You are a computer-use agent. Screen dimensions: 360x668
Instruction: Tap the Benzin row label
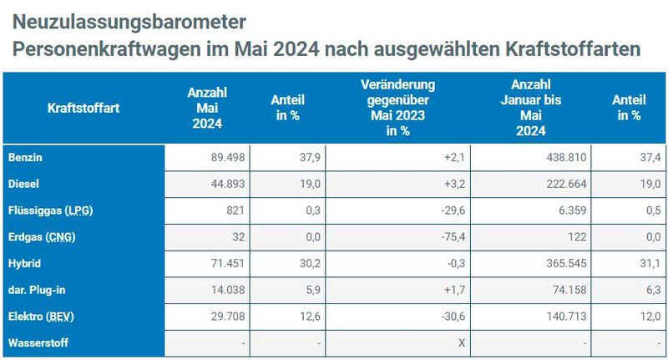coord(24,157)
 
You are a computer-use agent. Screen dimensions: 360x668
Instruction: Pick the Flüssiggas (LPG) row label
coord(49,210)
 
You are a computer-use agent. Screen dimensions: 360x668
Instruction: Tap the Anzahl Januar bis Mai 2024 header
coord(530,108)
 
